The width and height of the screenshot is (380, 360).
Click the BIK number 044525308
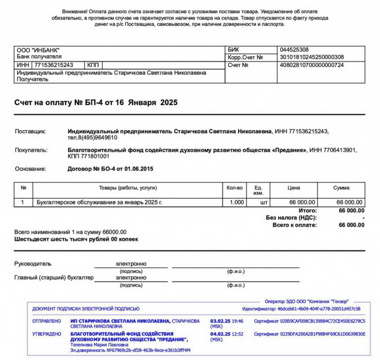[294, 50]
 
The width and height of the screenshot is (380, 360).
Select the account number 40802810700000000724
[311, 65]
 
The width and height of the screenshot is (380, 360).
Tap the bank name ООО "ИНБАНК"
[38, 50]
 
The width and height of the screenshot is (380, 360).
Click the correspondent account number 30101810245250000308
[311, 57]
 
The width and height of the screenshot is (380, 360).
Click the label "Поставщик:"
[30, 132]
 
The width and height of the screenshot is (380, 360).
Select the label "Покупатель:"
[31, 150]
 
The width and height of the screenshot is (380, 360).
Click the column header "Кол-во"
[235, 188]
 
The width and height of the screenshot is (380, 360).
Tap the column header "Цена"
[294, 188]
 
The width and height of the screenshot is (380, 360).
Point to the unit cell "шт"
[265, 202]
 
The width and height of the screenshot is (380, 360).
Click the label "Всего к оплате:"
[294, 225]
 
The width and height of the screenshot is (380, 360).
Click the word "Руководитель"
[33, 264]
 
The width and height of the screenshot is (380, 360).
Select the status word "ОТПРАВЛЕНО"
[47, 321]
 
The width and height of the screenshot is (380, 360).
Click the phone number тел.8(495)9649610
[92, 138]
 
